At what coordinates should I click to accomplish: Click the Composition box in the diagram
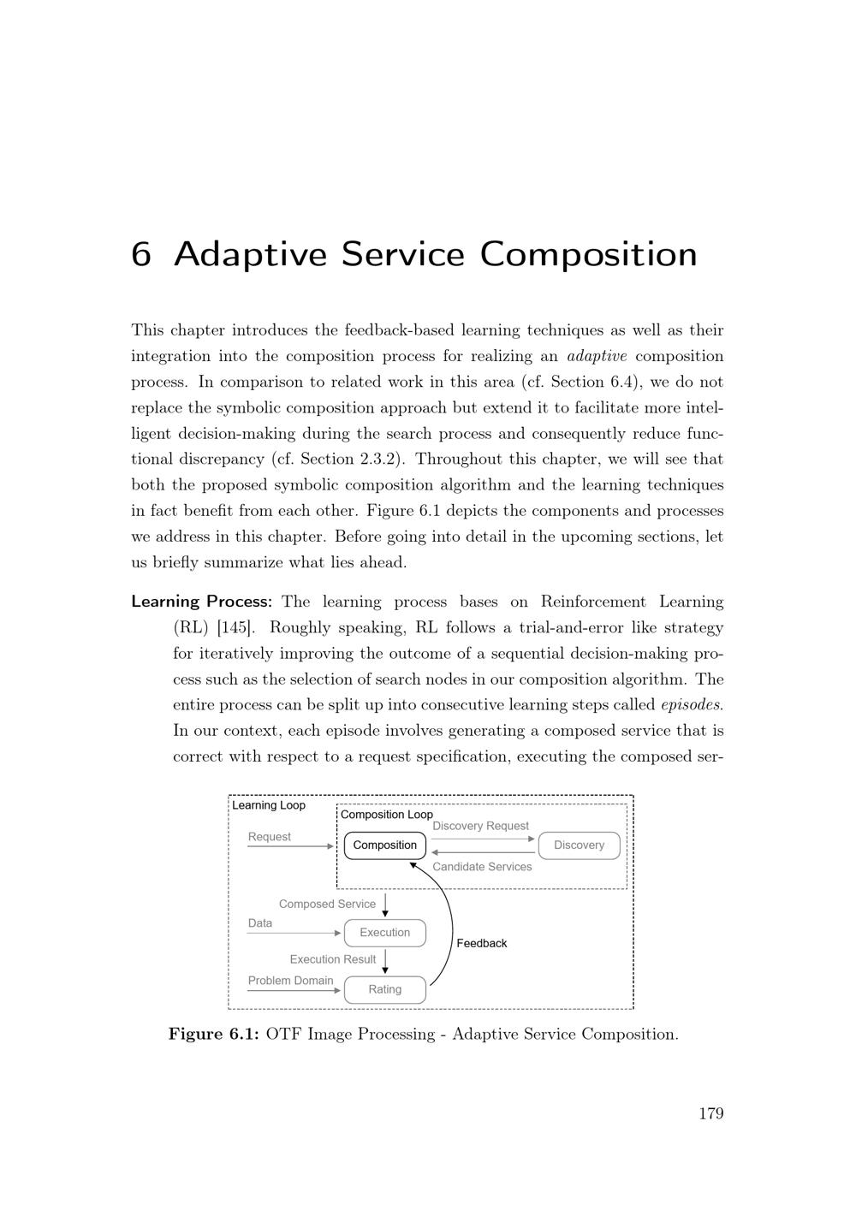coord(384,845)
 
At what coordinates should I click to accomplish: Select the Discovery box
coord(579,845)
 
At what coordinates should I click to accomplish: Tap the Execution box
coord(384,933)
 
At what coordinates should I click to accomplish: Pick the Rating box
coord(384,989)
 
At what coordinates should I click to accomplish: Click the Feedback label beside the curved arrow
coord(481,943)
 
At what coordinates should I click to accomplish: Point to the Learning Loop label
coord(269,805)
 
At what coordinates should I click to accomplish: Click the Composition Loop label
coord(387,815)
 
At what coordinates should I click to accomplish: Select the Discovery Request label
coord(480,826)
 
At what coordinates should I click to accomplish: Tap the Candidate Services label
coord(482,867)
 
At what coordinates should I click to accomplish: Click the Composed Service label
coord(327,904)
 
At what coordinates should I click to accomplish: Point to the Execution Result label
coord(332,959)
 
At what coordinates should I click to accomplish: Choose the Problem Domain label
coord(290,981)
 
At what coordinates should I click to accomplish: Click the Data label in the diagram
coord(260,923)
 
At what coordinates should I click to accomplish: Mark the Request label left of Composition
coord(269,837)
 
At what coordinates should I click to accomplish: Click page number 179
coord(710,1113)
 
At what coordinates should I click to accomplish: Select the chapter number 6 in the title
coord(141,255)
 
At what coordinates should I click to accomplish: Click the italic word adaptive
coord(597,356)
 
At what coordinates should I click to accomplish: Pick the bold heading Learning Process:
coord(201,602)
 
